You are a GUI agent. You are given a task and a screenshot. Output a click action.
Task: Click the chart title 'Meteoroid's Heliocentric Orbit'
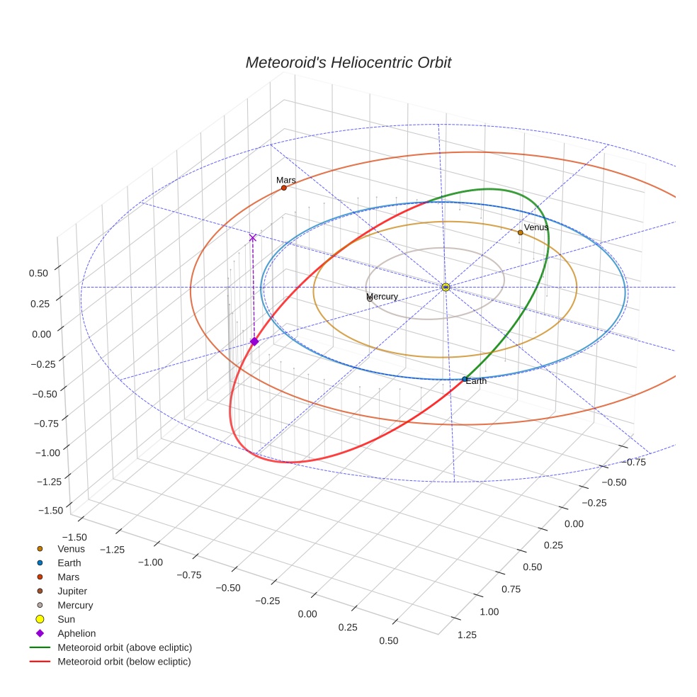(348, 62)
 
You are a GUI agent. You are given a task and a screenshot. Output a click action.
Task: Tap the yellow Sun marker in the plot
(446, 287)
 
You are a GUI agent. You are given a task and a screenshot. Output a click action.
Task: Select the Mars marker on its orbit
(283, 188)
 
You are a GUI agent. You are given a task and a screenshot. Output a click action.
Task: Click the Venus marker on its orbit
(520, 232)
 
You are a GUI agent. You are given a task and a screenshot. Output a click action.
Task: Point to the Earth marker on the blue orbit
(465, 380)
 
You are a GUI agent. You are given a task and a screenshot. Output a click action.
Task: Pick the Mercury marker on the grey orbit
(370, 299)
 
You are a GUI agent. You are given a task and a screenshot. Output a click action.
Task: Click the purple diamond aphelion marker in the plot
(254, 341)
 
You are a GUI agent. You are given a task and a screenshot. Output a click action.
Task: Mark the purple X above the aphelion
(252, 238)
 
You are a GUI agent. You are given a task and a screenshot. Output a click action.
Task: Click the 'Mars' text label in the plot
(286, 180)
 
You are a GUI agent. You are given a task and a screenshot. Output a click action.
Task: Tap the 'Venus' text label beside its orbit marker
(536, 227)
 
